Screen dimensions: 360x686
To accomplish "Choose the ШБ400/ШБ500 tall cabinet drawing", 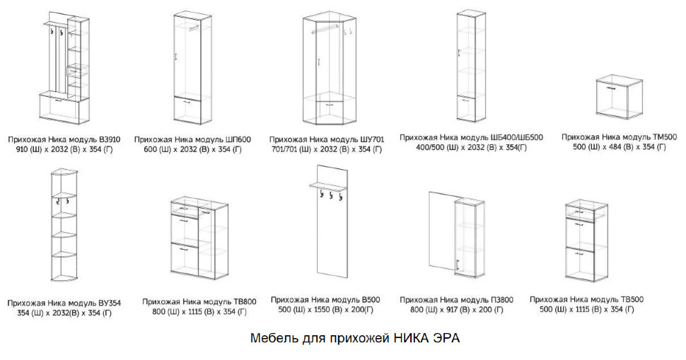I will (469, 67).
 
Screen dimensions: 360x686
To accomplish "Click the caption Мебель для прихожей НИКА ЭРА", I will (355, 338).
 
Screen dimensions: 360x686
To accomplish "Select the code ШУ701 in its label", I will (368, 139).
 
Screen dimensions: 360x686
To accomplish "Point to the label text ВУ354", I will (107, 303).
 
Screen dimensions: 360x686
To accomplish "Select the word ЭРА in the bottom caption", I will (445, 338).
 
